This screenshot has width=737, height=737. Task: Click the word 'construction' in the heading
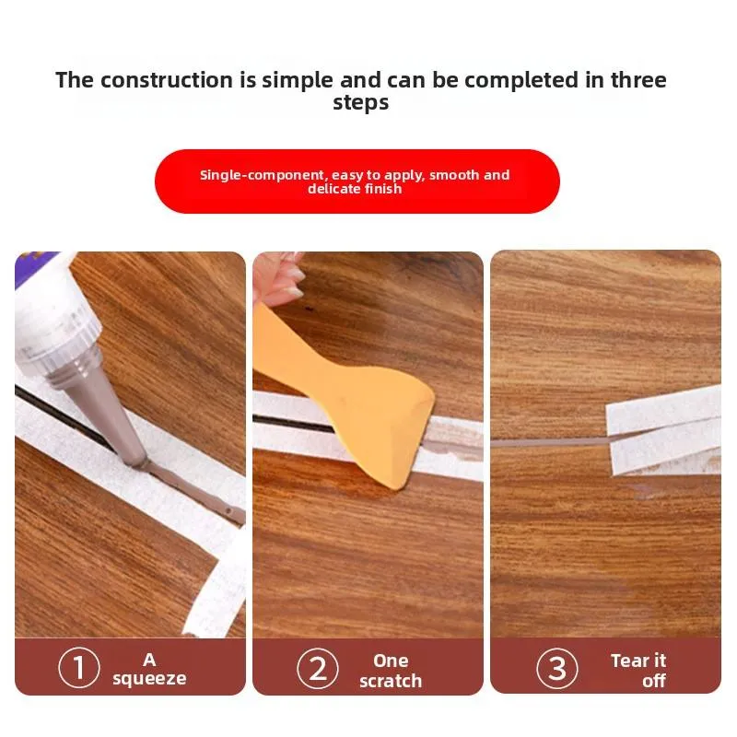(167, 80)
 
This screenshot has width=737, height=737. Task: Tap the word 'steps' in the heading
(361, 102)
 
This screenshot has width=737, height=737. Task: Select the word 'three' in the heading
(638, 80)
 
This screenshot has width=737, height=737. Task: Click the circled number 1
(79, 667)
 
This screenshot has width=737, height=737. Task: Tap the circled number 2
(318, 669)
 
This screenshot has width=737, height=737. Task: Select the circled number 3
(557, 668)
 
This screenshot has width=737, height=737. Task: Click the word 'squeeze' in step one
(149, 679)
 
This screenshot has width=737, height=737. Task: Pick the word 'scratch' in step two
(391, 681)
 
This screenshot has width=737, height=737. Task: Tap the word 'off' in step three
(654, 681)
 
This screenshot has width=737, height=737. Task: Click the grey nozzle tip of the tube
(139, 461)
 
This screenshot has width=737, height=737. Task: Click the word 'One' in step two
(391, 661)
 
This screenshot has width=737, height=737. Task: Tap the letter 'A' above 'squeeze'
(149, 660)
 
